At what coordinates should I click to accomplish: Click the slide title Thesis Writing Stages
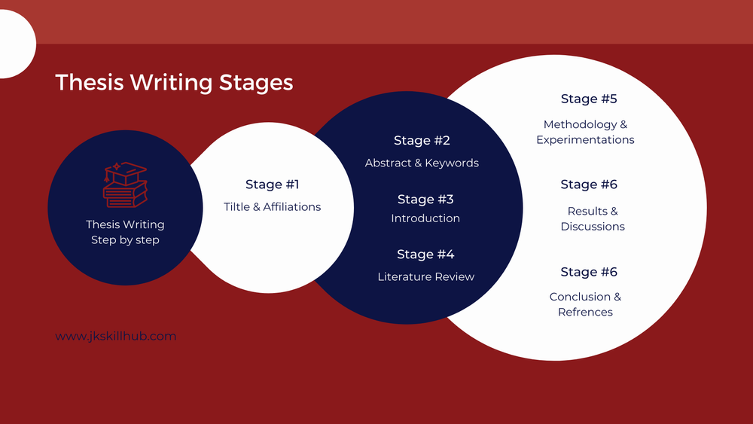click(x=174, y=83)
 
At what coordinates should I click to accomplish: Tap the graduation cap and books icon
click(x=125, y=185)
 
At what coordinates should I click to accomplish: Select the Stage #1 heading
click(x=273, y=185)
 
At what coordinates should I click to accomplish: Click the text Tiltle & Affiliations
click(x=273, y=207)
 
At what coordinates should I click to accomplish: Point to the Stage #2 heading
click(x=422, y=140)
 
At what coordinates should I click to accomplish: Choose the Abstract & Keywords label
click(x=422, y=163)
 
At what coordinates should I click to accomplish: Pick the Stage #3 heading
click(x=425, y=200)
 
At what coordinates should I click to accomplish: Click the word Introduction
click(x=425, y=218)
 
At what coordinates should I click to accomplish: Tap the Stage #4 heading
click(x=425, y=254)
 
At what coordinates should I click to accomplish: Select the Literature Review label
click(x=426, y=276)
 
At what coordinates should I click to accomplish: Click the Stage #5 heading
click(x=589, y=99)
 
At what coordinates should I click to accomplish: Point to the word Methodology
click(x=580, y=125)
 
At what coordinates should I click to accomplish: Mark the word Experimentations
click(x=585, y=140)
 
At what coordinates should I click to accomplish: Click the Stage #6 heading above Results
click(x=589, y=185)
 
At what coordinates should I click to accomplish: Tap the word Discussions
click(x=593, y=227)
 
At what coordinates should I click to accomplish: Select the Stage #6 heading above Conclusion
click(x=589, y=272)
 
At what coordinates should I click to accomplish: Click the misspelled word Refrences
click(x=585, y=312)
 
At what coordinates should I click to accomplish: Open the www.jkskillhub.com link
click(x=116, y=336)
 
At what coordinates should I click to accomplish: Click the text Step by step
click(x=125, y=240)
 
